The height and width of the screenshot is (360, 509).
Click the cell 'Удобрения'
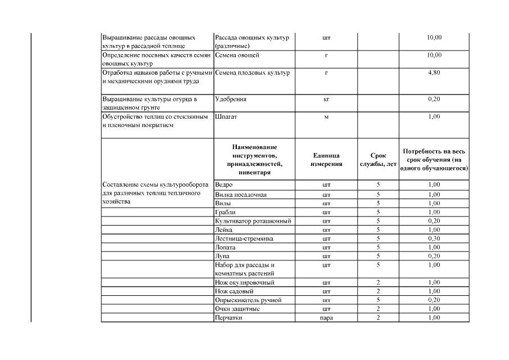click(231, 99)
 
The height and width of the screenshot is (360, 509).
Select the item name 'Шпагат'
click(226, 117)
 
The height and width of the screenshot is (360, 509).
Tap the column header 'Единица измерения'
click(326, 160)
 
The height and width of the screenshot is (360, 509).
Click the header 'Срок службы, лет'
click(379, 160)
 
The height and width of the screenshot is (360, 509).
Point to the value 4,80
click(434, 73)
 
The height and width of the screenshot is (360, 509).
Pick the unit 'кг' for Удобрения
click(326, 99)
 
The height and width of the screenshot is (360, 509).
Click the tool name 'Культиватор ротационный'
click(253, 221)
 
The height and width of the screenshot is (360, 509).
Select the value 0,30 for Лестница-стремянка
click(434, 238)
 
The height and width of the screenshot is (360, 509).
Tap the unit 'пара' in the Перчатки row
click(326, 318)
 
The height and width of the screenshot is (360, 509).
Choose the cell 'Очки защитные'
click(237, 309)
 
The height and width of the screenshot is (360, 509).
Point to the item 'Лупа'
click(222, 256)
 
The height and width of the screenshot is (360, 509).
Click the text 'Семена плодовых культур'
click(252, 73)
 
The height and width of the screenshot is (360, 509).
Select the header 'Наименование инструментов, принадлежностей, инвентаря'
click(254, 160)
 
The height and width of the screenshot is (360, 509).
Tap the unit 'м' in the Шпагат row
click(326, 117)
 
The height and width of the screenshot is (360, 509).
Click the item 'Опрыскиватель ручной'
click(248, 300)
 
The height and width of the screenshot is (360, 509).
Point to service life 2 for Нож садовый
click(379, 291)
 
